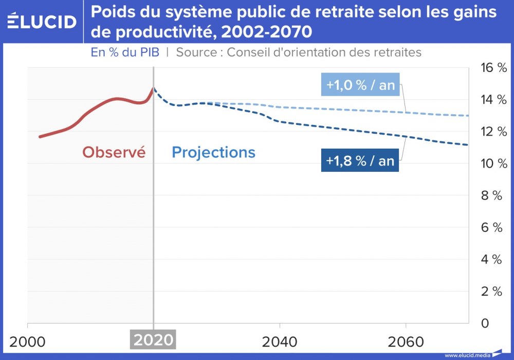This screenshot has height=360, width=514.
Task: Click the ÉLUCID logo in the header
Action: [x=42, y=21]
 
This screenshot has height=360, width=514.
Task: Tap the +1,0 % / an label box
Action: [x=360, y=85]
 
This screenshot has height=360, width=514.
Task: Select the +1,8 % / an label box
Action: [x=360, y=160]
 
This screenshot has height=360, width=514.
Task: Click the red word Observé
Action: [x=114, y=152]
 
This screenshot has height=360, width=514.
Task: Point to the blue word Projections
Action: [x=213, y=152]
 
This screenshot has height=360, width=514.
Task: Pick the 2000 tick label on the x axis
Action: [x=28, y=341]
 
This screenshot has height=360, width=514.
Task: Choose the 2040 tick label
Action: [x=280, y=341]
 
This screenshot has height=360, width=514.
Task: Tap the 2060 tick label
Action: [x=406, y=341]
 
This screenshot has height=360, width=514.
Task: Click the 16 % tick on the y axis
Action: [x=491, y=68]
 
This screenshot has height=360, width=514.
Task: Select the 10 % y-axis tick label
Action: [x=491, y=164]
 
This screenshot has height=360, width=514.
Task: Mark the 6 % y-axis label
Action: [x=491, y=227]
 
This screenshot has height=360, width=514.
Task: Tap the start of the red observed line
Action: [x=40, y=137]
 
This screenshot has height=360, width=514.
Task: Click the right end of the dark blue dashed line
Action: [x=468, y=145]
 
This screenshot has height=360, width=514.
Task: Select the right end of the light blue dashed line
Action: [x=468, y=115]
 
